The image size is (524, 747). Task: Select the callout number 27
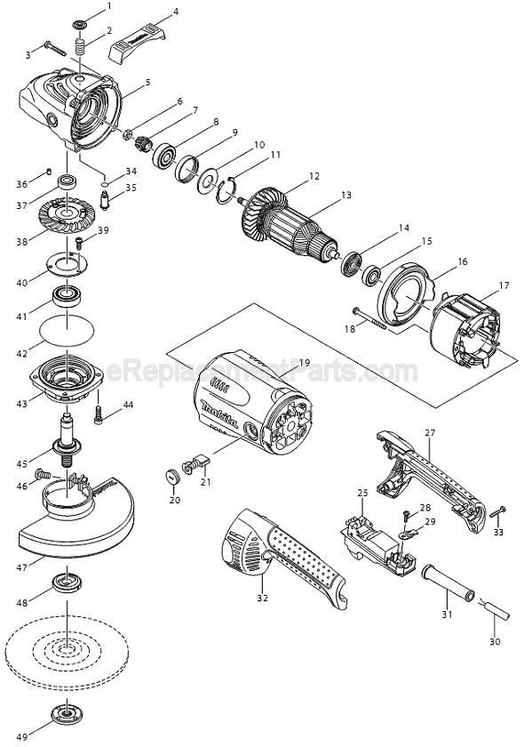click(x=430, y=433)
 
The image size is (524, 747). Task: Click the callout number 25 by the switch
click(x=362, y=492)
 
